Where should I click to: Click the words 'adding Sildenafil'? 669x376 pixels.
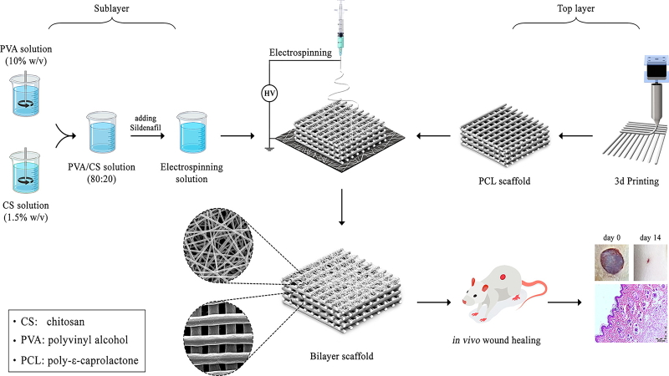point(147,124)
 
